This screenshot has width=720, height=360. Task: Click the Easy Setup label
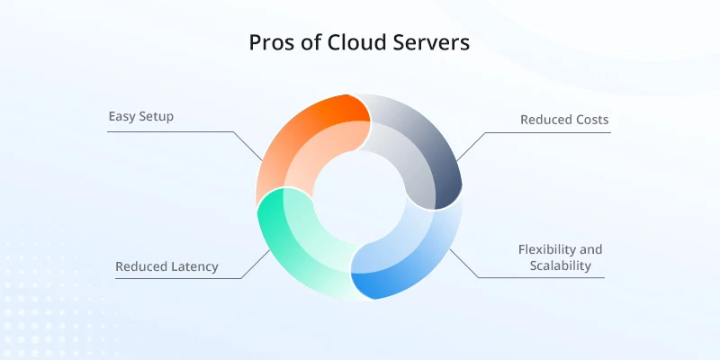pyautogui.click(x=141, y=117)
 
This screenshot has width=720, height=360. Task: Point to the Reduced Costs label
pyautogui.click(x=564, y=120)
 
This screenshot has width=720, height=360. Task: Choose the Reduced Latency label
pyautogui.click(x=166, y=266)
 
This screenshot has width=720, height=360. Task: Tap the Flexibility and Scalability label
pyautogui.click(x=560, y=257)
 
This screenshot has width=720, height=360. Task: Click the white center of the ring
pyautogui.click(x=359, y=196)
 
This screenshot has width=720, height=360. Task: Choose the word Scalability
pyautogui.click(x=560, y=265)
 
